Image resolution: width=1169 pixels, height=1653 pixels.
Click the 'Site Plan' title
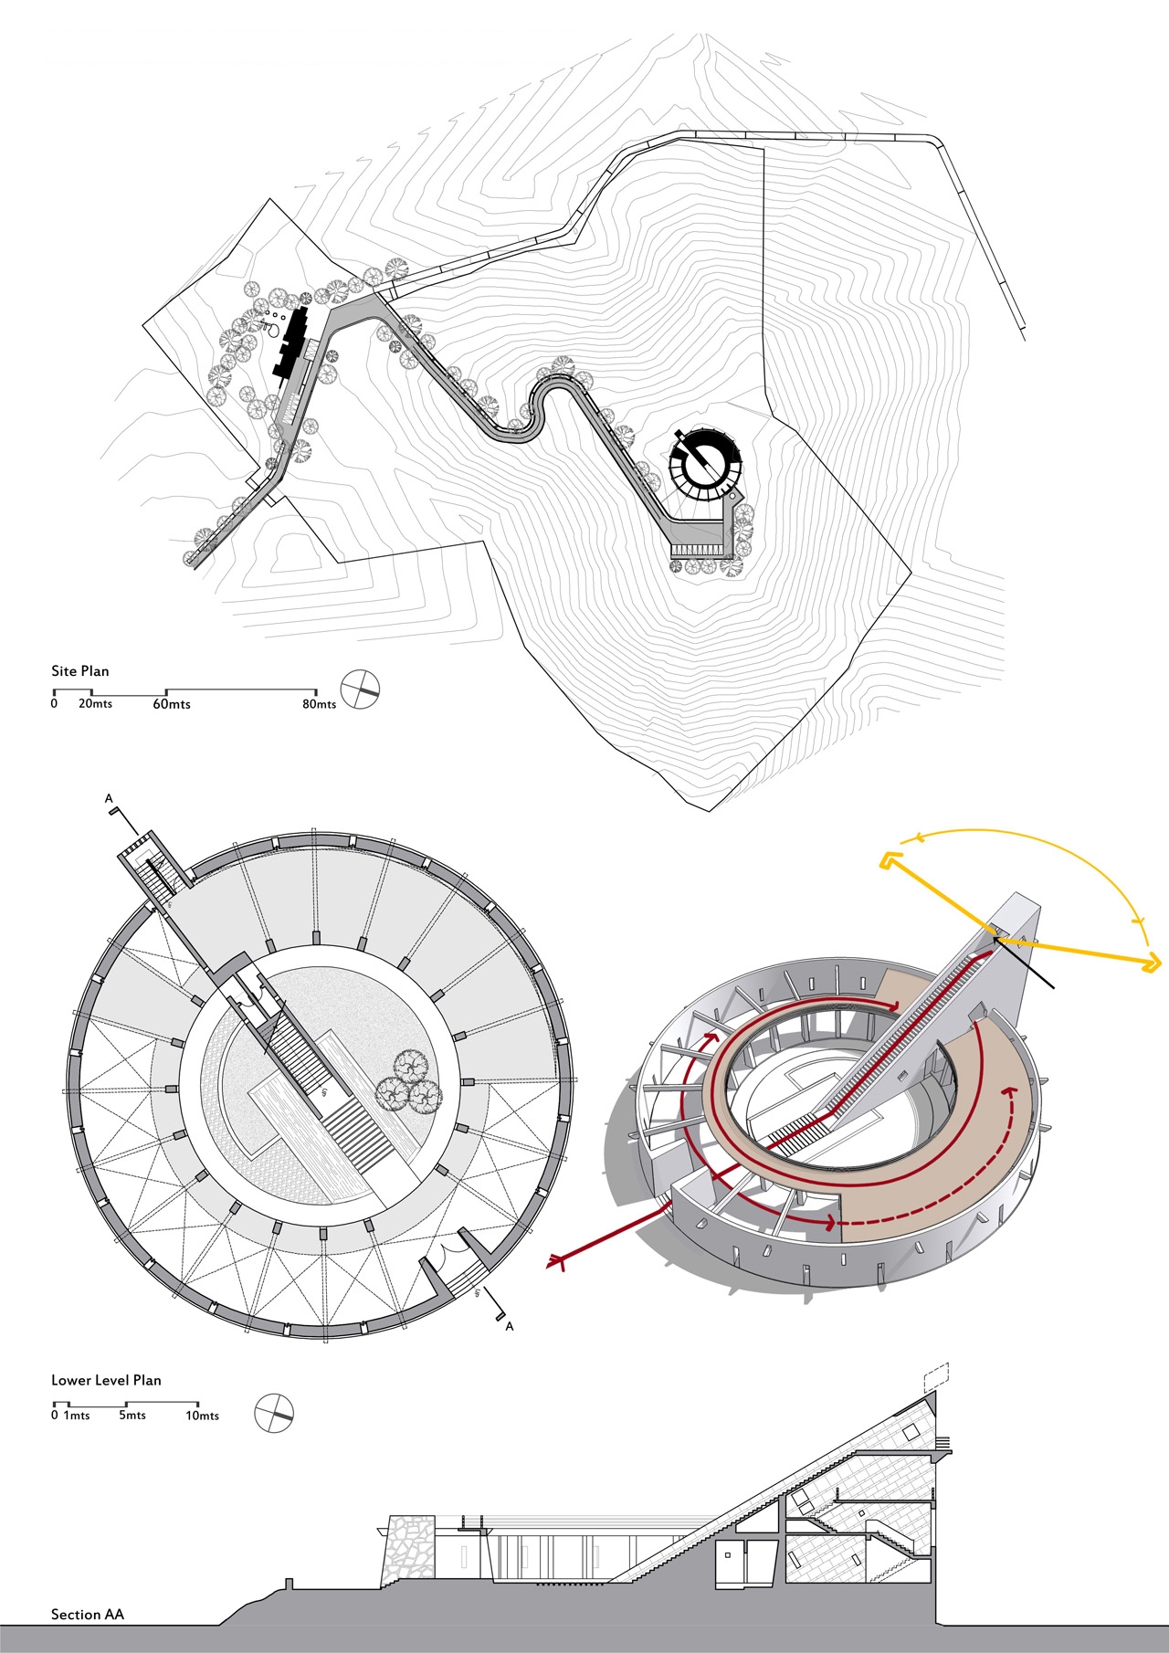coord(79,671)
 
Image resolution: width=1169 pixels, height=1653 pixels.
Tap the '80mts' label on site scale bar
coord(320,704)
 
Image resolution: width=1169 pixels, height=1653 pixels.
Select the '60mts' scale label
coord(172,704)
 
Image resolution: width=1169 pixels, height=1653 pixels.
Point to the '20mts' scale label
coord(95,704)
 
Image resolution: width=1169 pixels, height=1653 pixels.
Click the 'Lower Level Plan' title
coord(106,1380)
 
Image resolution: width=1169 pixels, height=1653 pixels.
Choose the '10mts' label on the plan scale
coord(202,1416)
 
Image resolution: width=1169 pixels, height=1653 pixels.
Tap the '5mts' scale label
coord(132,1416)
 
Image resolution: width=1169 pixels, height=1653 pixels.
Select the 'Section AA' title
coord(87,1614)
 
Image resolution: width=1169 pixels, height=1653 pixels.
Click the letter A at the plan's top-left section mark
coord(110,799)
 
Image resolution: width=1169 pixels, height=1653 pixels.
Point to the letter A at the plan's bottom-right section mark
coord(510,1326)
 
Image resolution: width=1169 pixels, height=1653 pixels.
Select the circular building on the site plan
coord(703,464)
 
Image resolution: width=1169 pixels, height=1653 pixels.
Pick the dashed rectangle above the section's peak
coord(936,1375)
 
